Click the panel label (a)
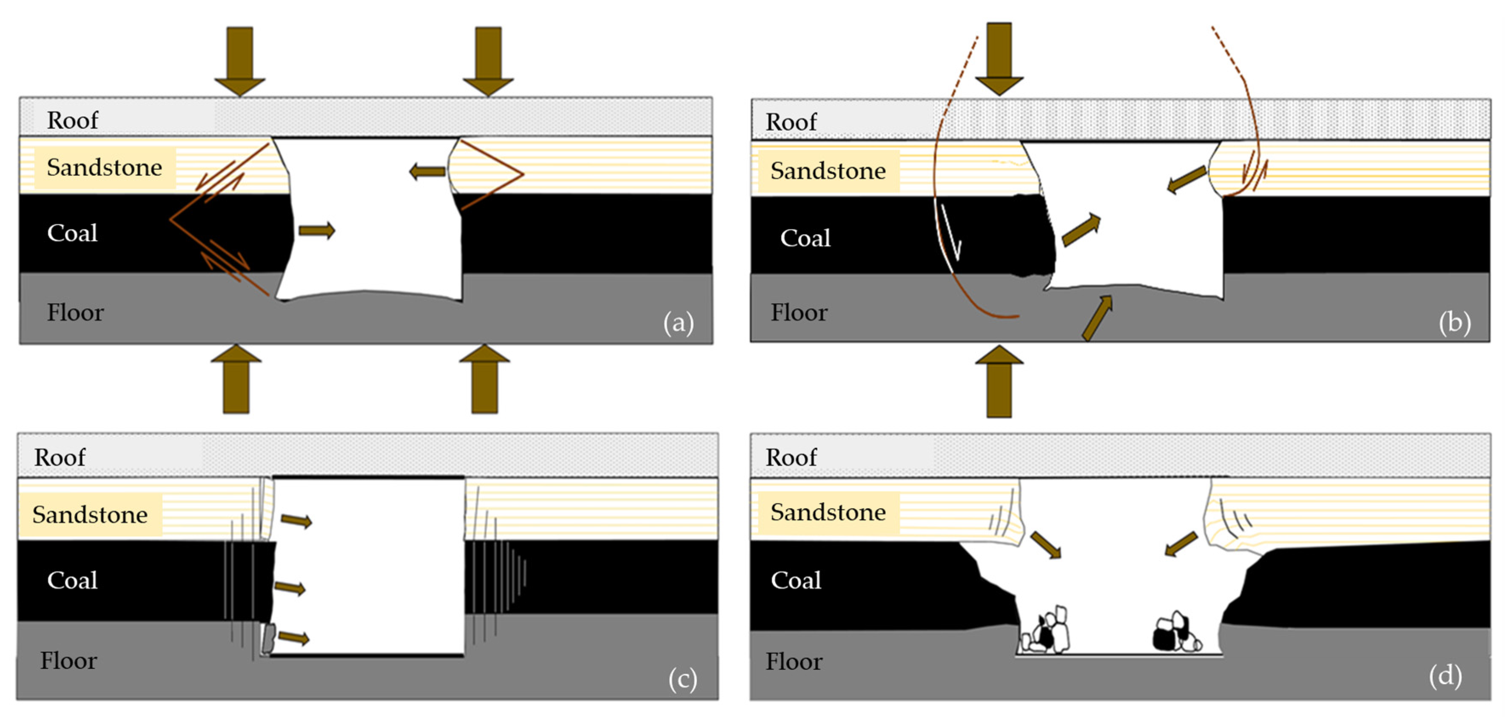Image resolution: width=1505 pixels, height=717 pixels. click(x=678, y=322)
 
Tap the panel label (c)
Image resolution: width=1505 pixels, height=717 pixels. click(x=683, y=679)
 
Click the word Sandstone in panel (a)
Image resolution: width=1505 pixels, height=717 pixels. click(x=105, y=167)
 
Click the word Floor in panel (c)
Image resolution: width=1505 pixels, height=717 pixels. click(x=68, y=661)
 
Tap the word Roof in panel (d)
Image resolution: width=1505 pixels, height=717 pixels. click(x=791, y=457)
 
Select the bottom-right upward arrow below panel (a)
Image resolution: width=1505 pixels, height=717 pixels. click(x=484, y=380)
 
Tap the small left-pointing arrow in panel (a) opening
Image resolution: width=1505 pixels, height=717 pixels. click(x=428, y=172)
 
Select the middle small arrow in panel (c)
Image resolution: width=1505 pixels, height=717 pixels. click(x=290, y=588)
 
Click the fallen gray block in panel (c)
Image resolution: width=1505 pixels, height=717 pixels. click(x=269, y=638)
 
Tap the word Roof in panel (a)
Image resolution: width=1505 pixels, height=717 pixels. click(x=72, y=120)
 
